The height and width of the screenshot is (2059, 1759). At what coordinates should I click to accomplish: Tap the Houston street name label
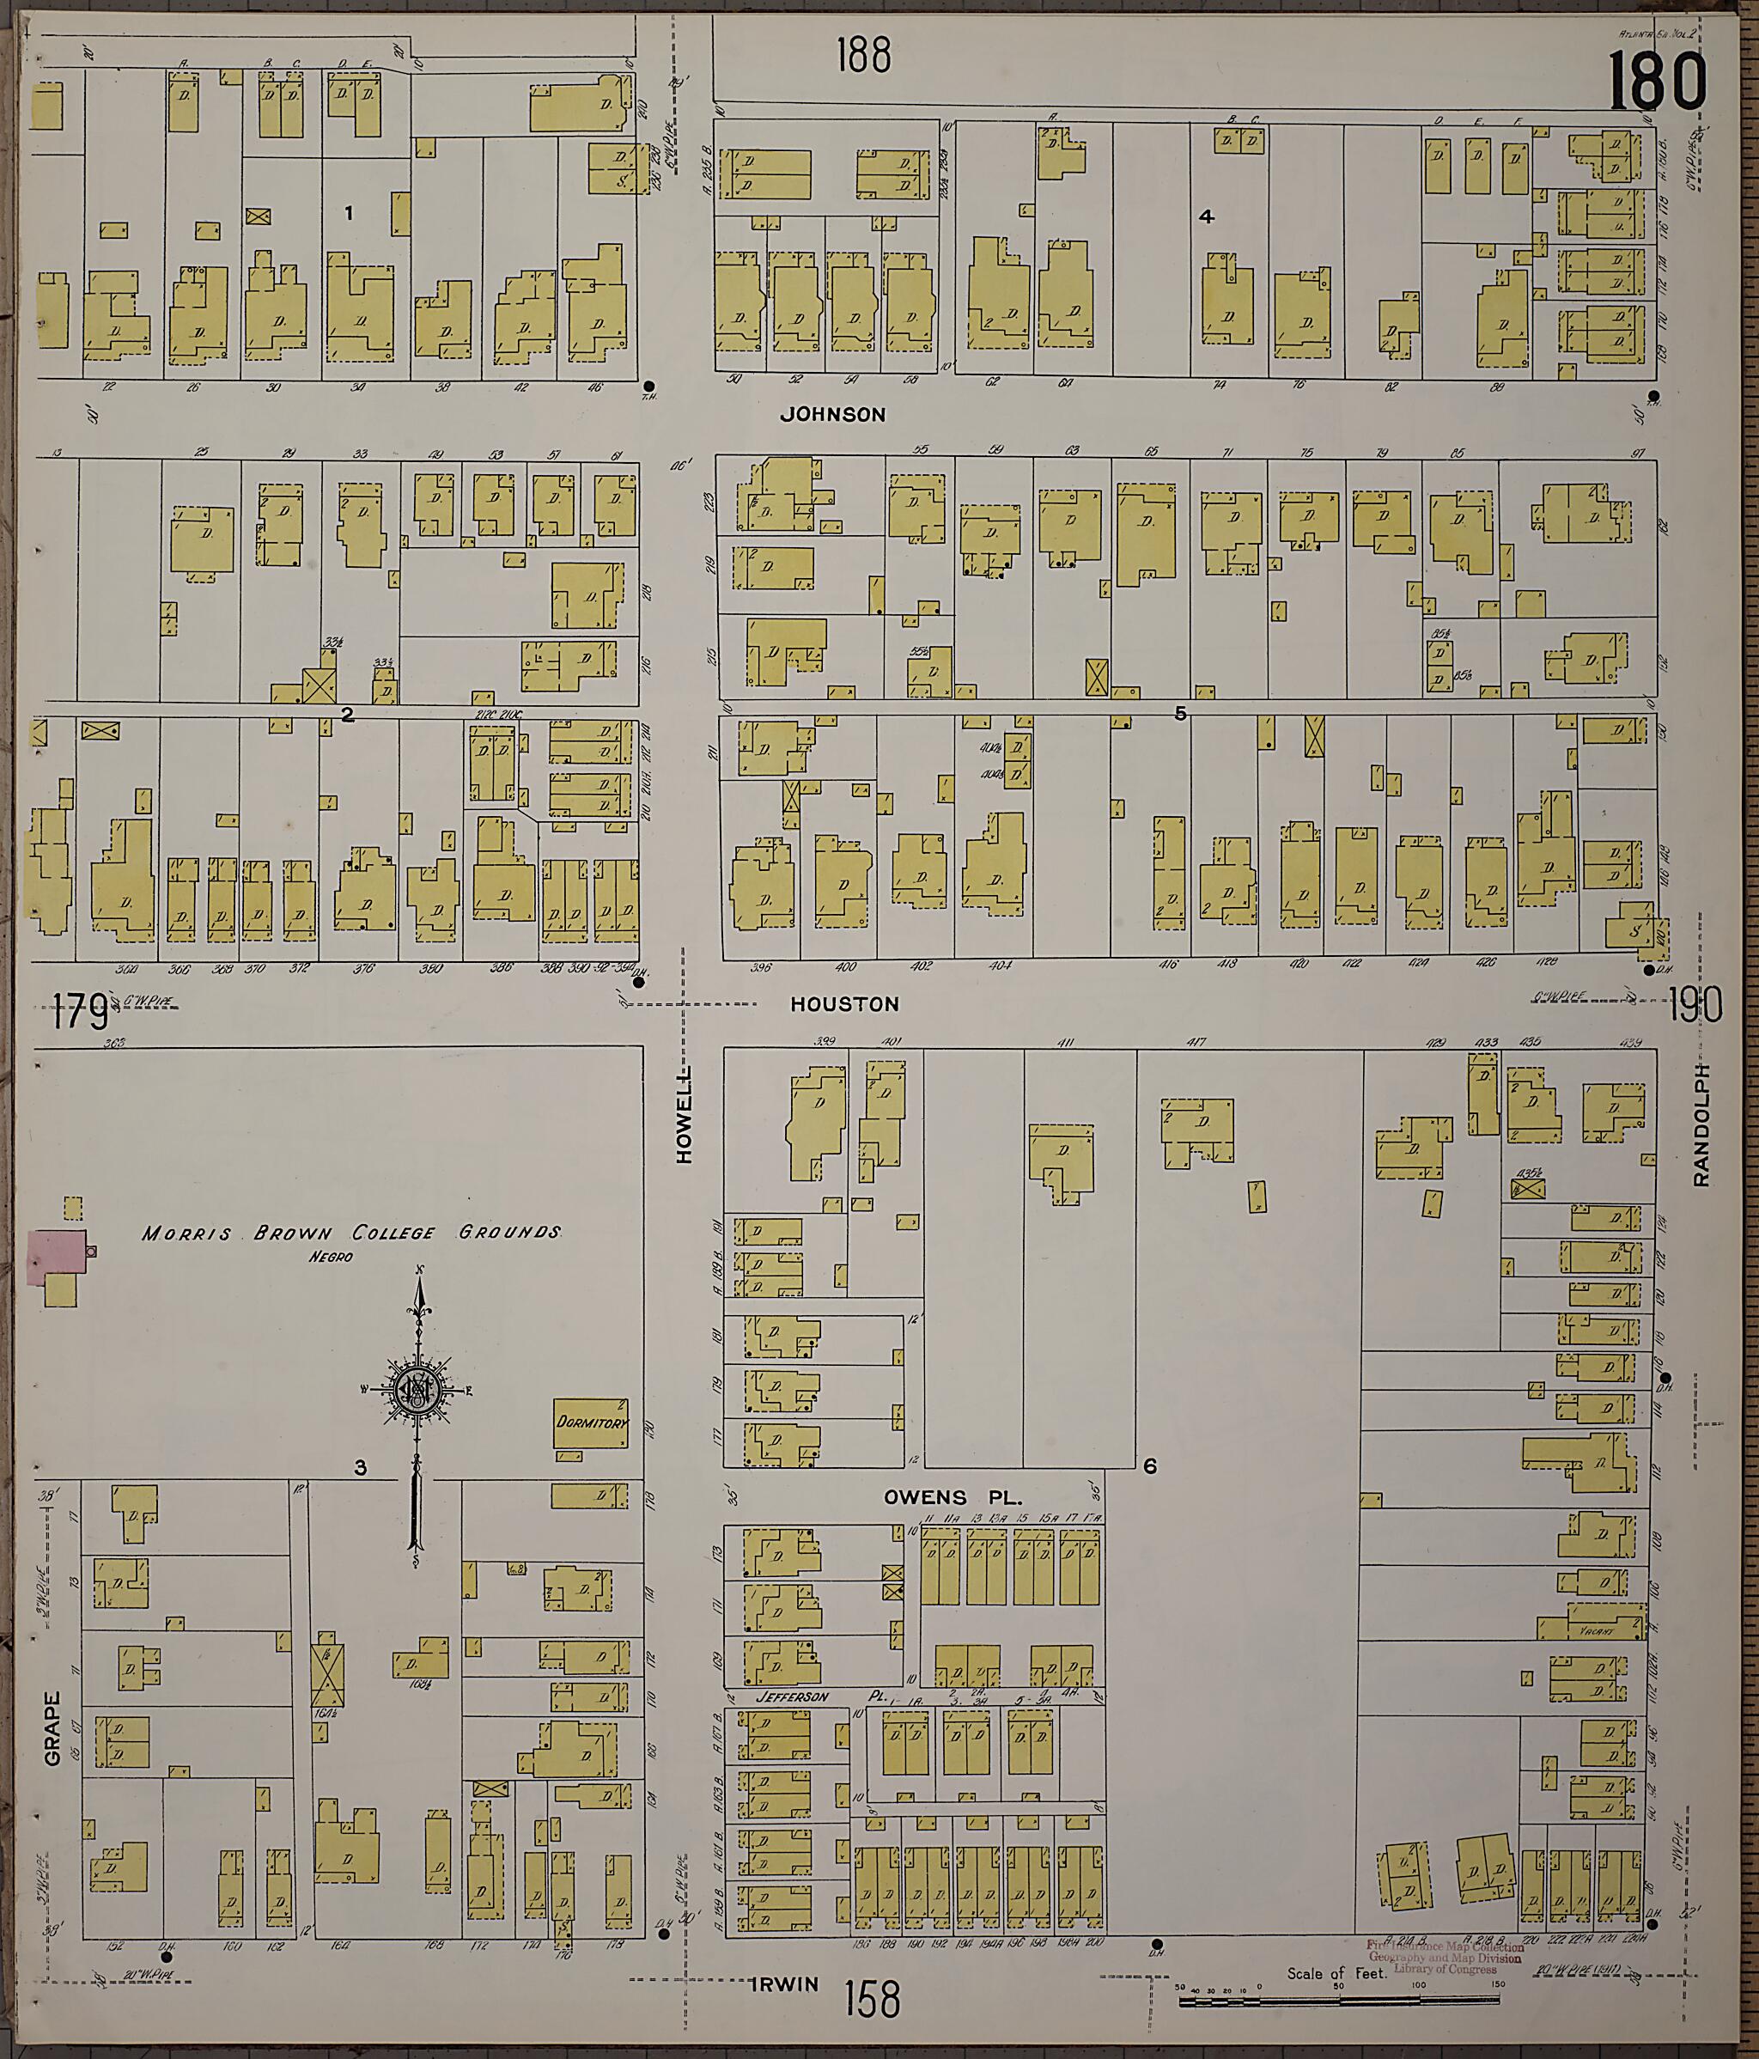click(x=845, y=1005)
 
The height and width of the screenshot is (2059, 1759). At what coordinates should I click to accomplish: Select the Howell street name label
click(x=685, y=1116)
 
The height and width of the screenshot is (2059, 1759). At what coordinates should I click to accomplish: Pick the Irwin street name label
click(x=785, y=1983)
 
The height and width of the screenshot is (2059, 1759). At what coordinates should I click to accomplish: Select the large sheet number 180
click(x=1657, y=82)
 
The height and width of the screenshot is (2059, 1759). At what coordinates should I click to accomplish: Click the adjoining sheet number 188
click(x=862, y=56)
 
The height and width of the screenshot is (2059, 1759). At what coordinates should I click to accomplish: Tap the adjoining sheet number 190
click(x=1695, y=1008)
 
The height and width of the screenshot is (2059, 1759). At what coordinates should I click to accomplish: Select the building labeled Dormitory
click(x=591, y=1423)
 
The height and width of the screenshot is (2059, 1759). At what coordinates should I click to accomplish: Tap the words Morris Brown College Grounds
click(x=350, y=1234)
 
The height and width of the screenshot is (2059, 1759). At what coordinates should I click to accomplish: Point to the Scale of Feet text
click(x=1336, y=1974)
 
